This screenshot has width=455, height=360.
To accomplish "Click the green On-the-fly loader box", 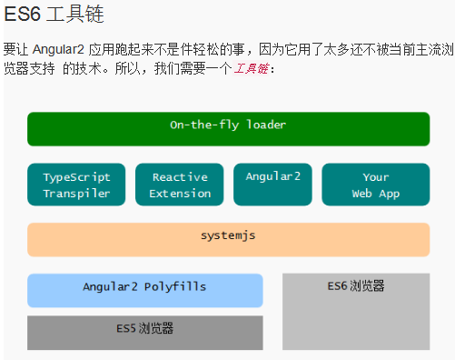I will click(x=228, y=128).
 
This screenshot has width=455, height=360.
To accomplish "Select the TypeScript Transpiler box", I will click(x=76, y=185).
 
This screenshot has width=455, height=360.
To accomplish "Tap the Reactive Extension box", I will click(x=180, y=185).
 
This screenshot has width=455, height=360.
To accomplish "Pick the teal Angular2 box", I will click(x=272, y=185).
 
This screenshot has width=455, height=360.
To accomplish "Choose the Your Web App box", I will click(x=375, y=185).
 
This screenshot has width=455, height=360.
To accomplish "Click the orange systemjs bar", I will click(x=228, y=239).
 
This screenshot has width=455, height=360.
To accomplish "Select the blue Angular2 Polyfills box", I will click(x=144, y=290).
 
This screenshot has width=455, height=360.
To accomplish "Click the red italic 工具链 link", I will click(x=251, y=69).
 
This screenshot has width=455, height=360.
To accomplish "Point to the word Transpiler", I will click(x=76, y=194).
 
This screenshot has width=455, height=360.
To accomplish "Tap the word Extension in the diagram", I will click(x=180, y=194).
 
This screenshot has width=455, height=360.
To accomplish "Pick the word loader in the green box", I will click(x=264, y=125).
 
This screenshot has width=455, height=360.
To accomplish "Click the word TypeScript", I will click(x=76, y=177).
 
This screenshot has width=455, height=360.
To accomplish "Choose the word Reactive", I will click(x=180, y=177).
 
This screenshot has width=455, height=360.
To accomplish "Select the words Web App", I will click(x=375, y=194).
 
